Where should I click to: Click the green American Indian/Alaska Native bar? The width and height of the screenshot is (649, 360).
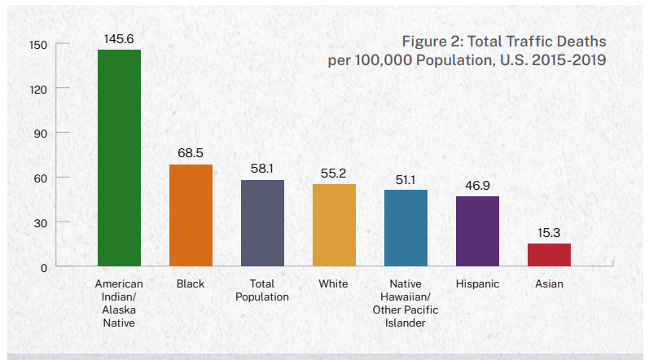pyautogui.click(x=119, y=158)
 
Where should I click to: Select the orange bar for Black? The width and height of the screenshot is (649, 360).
pyautogui.click(x=191, y=216)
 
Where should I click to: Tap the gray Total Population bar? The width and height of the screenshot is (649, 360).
pyautogui.click(x=262, y=223)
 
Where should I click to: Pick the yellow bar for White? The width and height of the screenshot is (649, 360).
pyautogui.click(x=334, y=226)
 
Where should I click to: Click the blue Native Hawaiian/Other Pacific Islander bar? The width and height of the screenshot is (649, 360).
pyautogui.click(x=406, y=228)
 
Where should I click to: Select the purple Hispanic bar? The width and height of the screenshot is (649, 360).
pyautogui.click(x=477, y=231)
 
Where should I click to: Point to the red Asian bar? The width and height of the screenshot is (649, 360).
pyautogui.click(x=549, y=255)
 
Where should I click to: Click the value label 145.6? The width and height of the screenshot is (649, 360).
pyautogui.click(x=119, y=38)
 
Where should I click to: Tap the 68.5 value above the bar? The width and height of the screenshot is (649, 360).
pyautogui.click(x=191, y=153)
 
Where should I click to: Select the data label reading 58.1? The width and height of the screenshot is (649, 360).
pyautogui.click(x=262, y=169)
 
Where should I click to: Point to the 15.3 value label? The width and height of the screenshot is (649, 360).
pyautogui.click(x=549, y=232)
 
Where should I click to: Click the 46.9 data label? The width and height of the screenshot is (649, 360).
pyautogui.click(x=477, y=185)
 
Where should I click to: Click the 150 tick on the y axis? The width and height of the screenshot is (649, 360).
pyautogui.click(x=39, y=43)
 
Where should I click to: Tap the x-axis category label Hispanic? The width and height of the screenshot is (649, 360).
pyautogui.click(x=477, y=284)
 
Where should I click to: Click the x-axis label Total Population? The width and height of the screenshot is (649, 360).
pyautogui.click(x=262, y=291)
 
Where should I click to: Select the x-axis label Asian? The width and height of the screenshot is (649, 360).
pyautogui.click(x=549, y=284)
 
